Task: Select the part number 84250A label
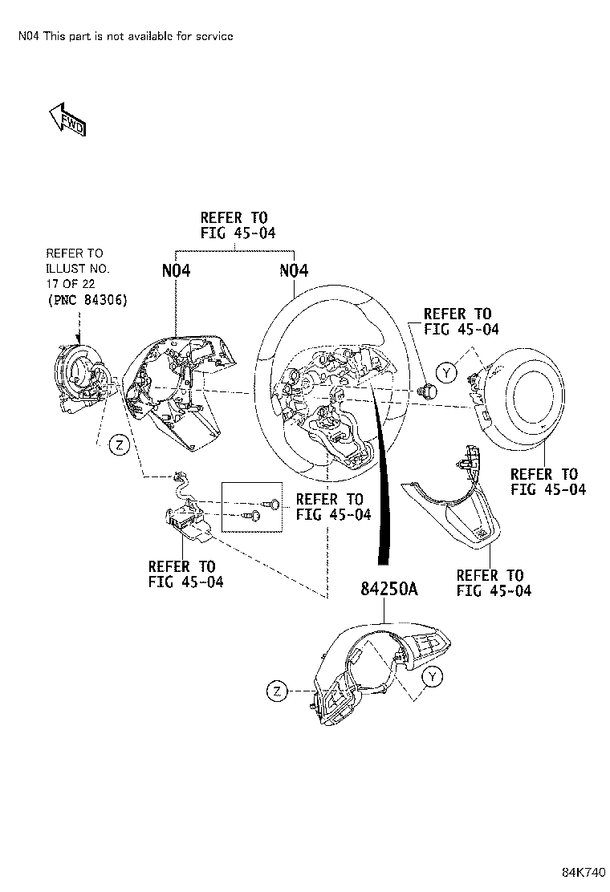pos(389,591)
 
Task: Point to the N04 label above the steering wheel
pos(294,271)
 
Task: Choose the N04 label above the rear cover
pos(176,271)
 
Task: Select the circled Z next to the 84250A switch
pos(277,691)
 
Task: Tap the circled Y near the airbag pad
pos(446,371)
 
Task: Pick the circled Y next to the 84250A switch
pos(432,678)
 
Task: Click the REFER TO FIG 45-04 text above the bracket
pos(234,225)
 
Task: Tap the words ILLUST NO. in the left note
pos(77,268)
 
